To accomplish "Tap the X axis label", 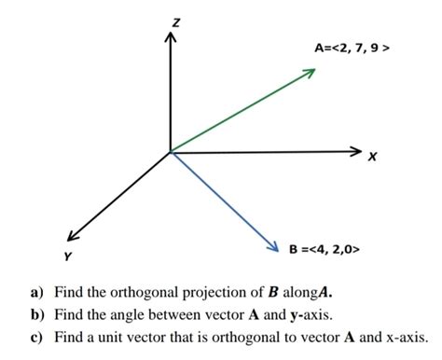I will click(x=373, y=157).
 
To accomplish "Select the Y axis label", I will click(x=66, y=254).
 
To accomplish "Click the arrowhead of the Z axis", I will click(x=170, y=39).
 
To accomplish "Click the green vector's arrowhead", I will click(x=311, y=74).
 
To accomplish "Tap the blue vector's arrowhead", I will click(x=273, y=246).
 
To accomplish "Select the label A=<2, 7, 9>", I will click(x=351, y=47).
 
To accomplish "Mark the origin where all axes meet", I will click(x=170, y=151).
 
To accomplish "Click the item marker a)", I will click(x=36, y=290).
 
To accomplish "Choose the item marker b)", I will click(x=36, y=313).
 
